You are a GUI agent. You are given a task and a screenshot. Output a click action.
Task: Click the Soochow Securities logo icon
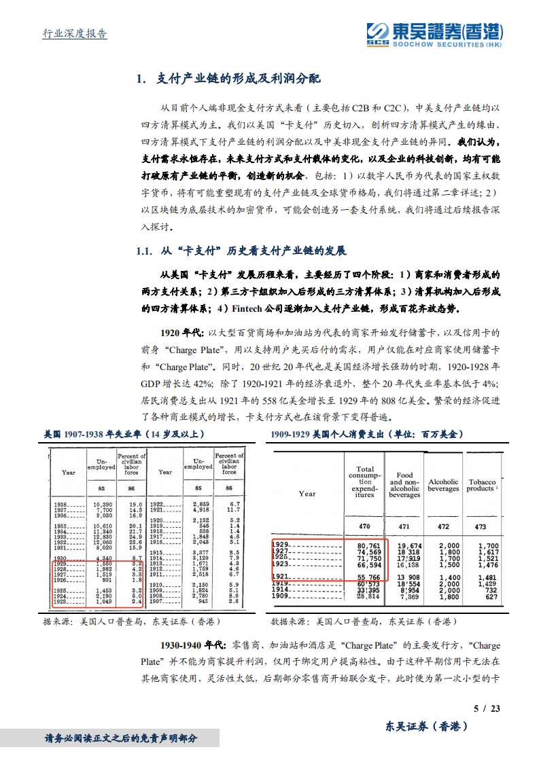[x=376, y=33]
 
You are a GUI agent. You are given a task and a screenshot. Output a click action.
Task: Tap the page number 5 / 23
[x=487, y=708]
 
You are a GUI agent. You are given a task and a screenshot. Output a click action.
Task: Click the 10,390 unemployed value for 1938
[x=102, y=505]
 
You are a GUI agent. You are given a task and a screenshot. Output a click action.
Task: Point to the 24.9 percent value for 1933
[x=135, y=537]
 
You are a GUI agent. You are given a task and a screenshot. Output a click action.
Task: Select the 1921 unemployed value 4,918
[x=198, y=509]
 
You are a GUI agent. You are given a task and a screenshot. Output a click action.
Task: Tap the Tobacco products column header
[x=482, y=485]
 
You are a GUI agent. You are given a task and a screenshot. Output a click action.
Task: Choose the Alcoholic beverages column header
[x=443, y=485]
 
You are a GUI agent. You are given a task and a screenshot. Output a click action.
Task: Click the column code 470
[x=364, y=526]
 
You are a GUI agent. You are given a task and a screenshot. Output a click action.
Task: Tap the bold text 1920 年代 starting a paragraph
[x=181, y=333]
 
